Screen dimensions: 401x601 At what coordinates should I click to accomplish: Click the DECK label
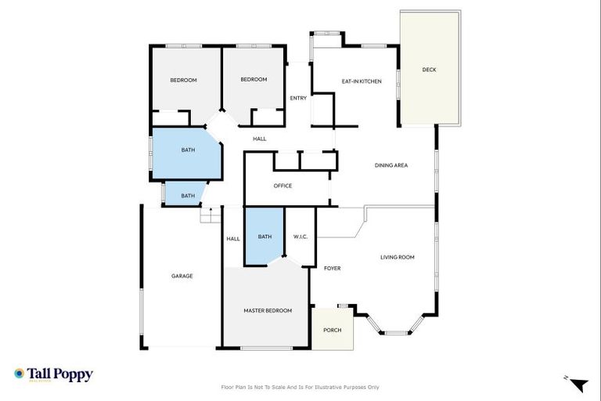point(429,70)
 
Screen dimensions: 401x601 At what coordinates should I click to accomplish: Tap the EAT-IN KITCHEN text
point(362,81)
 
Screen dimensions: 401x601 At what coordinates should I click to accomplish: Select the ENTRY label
point(298,98)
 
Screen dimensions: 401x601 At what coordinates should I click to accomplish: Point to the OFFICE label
point(283,186)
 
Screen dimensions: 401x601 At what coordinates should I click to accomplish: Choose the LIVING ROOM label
point(397,257)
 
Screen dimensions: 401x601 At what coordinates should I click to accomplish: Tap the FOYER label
point(332,268)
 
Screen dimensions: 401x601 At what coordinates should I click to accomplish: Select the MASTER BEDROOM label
point(268,311)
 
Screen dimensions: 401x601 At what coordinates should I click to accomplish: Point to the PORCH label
point(332,330)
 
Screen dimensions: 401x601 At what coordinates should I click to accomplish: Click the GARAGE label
point(182,276)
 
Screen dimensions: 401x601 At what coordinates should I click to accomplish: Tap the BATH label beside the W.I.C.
point(265,237)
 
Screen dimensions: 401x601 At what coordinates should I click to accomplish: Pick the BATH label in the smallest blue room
point(188,196)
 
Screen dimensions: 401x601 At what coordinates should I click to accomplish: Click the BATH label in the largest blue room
point(188,150)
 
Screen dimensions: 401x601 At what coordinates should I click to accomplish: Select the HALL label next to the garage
point(233,239)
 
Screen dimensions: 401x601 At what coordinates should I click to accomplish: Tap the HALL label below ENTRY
point(260,139)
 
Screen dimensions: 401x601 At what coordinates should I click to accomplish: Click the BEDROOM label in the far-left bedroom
point(183,80)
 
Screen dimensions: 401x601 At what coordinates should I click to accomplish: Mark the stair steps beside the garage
point(208,215)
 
